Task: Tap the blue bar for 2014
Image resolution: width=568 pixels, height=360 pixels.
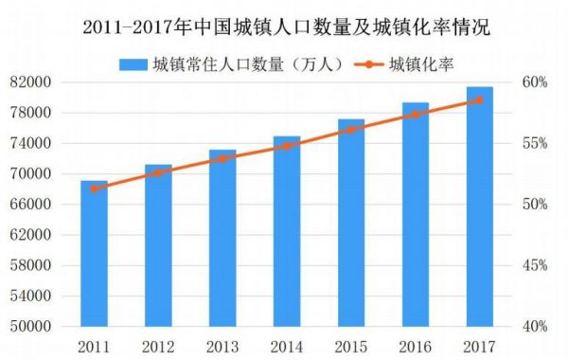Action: [287, 231]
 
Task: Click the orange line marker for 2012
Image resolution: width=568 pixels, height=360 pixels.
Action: [158, 172]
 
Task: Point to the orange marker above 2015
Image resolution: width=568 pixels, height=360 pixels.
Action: [350, 129]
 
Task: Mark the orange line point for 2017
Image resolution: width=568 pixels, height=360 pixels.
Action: [479, 99]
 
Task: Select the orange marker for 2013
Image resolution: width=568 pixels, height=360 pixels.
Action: [222, 158]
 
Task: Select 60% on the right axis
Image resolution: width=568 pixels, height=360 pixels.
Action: [536, 82]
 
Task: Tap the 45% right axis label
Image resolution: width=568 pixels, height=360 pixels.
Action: [536, 265]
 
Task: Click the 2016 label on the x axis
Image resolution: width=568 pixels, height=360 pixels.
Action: [415, 345]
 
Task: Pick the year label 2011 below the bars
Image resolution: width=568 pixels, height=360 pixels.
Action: [94, 345]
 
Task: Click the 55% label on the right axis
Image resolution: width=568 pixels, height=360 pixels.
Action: [536, 143]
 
